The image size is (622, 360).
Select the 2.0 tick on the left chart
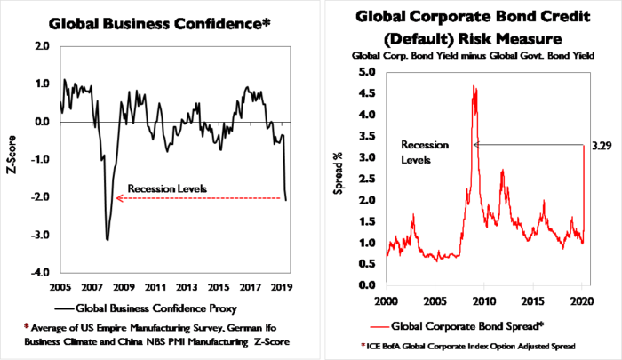pyautogui.click(x=42, y=46)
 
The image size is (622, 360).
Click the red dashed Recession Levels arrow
pyautogui.click(x=204, y=198)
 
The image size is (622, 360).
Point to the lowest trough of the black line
pyautogui.click(x=108, y=239)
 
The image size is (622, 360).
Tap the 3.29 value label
pyautogui.click(x=600, y=144)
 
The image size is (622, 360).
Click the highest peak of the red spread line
pyautogui.click(x=474, y=86)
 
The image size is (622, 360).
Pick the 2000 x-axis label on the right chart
pyautogui.click(x=387, y=302)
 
